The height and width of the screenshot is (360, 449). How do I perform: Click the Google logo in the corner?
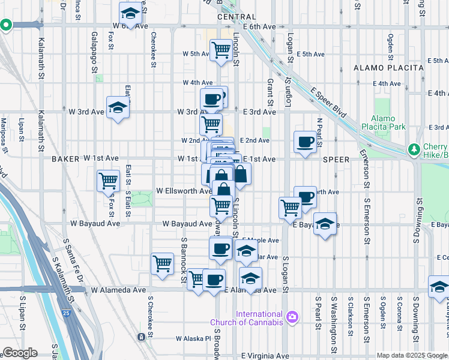20,353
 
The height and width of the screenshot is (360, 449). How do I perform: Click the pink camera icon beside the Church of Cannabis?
292,316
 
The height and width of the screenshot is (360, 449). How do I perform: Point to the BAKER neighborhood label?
65,159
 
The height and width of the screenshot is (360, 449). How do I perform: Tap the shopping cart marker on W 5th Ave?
221,50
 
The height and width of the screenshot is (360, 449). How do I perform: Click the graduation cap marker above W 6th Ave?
130,13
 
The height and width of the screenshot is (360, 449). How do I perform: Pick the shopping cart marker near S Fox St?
109,181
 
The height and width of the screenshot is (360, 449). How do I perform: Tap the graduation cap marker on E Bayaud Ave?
325,224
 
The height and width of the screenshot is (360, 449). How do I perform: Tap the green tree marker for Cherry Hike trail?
413,149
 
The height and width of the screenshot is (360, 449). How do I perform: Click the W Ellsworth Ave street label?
183,191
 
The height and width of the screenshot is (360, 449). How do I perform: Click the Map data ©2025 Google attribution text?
411,355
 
